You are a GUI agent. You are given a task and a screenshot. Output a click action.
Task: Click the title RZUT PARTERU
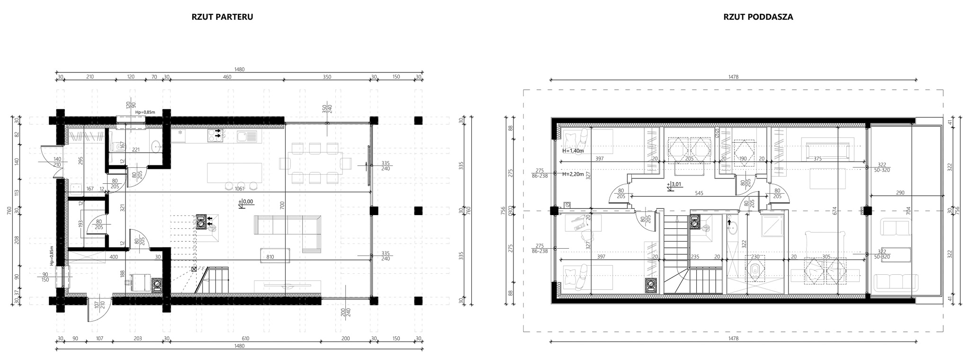[222, 17]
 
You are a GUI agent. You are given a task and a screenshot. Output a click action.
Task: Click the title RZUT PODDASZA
[758, 17]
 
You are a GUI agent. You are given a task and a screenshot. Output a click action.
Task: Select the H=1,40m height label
[572, 151]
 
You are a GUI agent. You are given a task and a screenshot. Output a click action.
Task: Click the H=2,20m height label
[572, 174]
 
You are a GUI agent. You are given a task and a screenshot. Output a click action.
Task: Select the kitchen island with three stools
[234, 176]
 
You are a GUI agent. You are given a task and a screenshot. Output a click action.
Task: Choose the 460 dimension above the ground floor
[227, 77]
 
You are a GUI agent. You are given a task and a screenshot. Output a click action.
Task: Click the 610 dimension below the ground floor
[245, 339]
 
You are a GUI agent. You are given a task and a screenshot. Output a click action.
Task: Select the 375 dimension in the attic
[817, 159]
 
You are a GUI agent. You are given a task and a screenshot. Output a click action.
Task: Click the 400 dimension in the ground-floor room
[114, 257]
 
